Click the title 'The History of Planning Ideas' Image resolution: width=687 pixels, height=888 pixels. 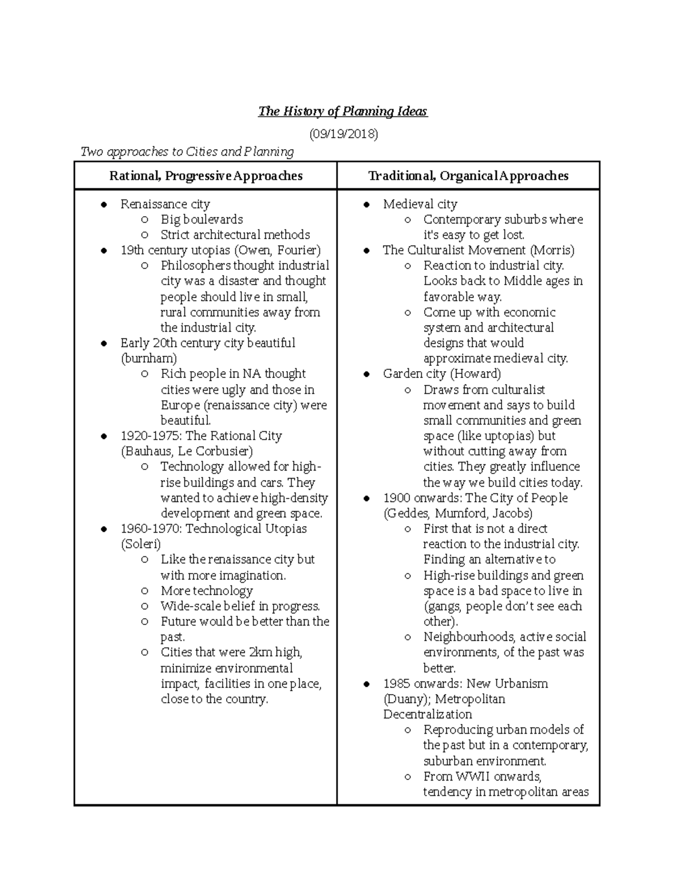342,112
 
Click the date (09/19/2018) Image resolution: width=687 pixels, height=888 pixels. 343,134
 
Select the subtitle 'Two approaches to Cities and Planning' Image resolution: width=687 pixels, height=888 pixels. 187,152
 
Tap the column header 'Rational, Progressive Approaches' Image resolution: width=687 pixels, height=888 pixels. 206,176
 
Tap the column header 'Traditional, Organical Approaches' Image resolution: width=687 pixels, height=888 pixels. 468,176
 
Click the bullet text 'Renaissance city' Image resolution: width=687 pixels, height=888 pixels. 165,204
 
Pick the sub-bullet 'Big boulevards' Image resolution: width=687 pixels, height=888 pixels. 202,220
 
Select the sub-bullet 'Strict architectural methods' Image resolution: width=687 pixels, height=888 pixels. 235,235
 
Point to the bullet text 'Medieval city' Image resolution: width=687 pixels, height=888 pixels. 420,204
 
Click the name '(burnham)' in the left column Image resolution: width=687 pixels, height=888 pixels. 148,359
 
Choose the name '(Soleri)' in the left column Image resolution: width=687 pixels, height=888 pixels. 141,544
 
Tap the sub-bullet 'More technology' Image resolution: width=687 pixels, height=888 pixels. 206,591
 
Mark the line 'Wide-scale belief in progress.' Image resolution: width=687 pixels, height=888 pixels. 240,606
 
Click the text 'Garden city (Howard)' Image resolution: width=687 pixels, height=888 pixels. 441,374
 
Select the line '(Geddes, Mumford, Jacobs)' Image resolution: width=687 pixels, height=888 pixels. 458,513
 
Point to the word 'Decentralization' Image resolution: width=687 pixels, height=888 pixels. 427,715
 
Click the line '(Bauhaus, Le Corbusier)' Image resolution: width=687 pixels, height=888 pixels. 187,451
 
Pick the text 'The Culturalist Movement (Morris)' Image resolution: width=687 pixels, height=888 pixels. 478,250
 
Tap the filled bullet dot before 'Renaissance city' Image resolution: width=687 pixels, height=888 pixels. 104,205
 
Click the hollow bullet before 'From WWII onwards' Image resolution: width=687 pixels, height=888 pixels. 407,777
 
